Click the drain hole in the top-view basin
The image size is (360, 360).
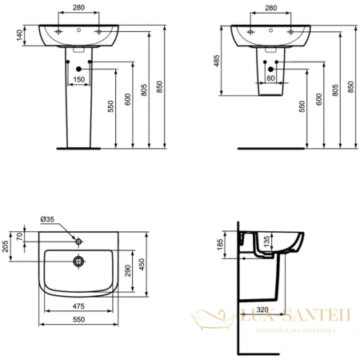click(x=79, y=259)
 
